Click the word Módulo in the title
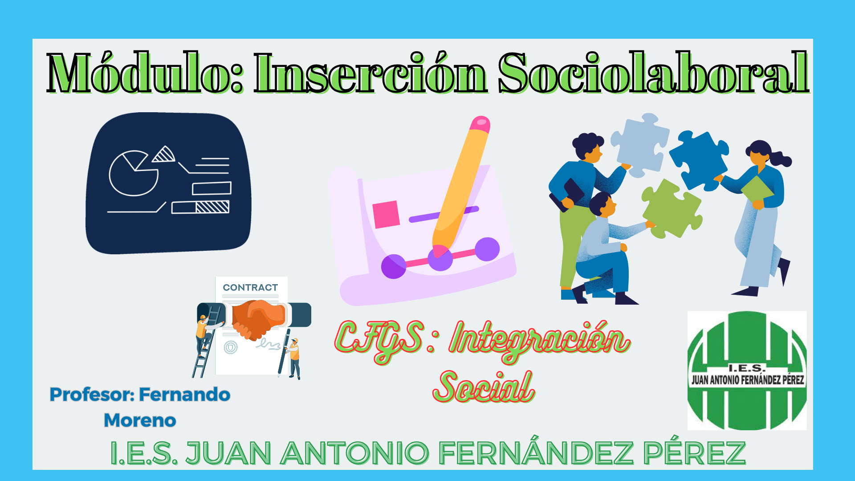(x=145, y=73)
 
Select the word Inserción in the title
(x=370, y=73)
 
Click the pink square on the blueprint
(x=386, y=214)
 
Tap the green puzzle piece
(x=671, y=208)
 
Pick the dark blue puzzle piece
(x=698, y=160)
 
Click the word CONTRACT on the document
(x=250, y=288)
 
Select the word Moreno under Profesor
(x=140, y=420)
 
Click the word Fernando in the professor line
(x=184, y=395)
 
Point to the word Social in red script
(x=484, y=386)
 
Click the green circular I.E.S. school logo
(x=747, y=371)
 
